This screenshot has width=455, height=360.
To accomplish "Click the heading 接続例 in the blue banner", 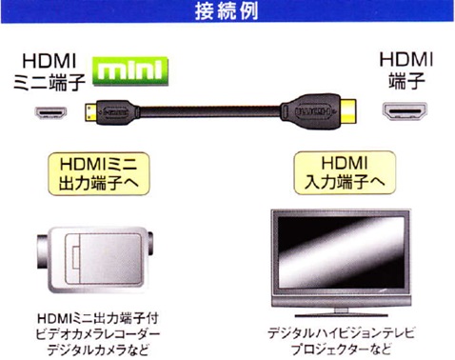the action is [x=227, y=11].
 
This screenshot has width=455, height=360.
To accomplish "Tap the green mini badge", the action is [x=130, y=70].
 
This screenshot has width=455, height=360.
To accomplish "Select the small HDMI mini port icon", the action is [x=50, y=112].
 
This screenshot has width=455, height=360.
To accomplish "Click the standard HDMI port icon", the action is [x=405, y=111].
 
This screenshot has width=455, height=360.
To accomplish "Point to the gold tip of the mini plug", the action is [x=90, y=112].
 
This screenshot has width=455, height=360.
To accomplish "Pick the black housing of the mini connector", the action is [x=117, y=112].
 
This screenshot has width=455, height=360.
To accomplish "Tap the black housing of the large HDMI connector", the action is [x=308, y=111].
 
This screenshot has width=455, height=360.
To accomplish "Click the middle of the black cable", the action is [x=210, y=112].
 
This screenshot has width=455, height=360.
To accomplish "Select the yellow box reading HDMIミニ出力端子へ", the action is [x=99, y=173].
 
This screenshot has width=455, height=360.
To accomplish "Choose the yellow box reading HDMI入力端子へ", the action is [x=345, y=172].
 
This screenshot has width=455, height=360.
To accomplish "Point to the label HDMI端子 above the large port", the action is [x=406, y=70].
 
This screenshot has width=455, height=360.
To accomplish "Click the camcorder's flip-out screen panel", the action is [x=103, y=258].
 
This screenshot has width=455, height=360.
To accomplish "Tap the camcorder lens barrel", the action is [x=43, y=251].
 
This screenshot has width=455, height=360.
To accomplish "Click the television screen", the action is [x=341, y=252].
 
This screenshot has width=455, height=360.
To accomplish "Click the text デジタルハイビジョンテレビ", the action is [x=341, y=333].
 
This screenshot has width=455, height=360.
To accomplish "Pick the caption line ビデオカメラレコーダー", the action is [x=98, y=334].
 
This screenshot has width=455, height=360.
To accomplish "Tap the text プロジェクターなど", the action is [x=341, y=350].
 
